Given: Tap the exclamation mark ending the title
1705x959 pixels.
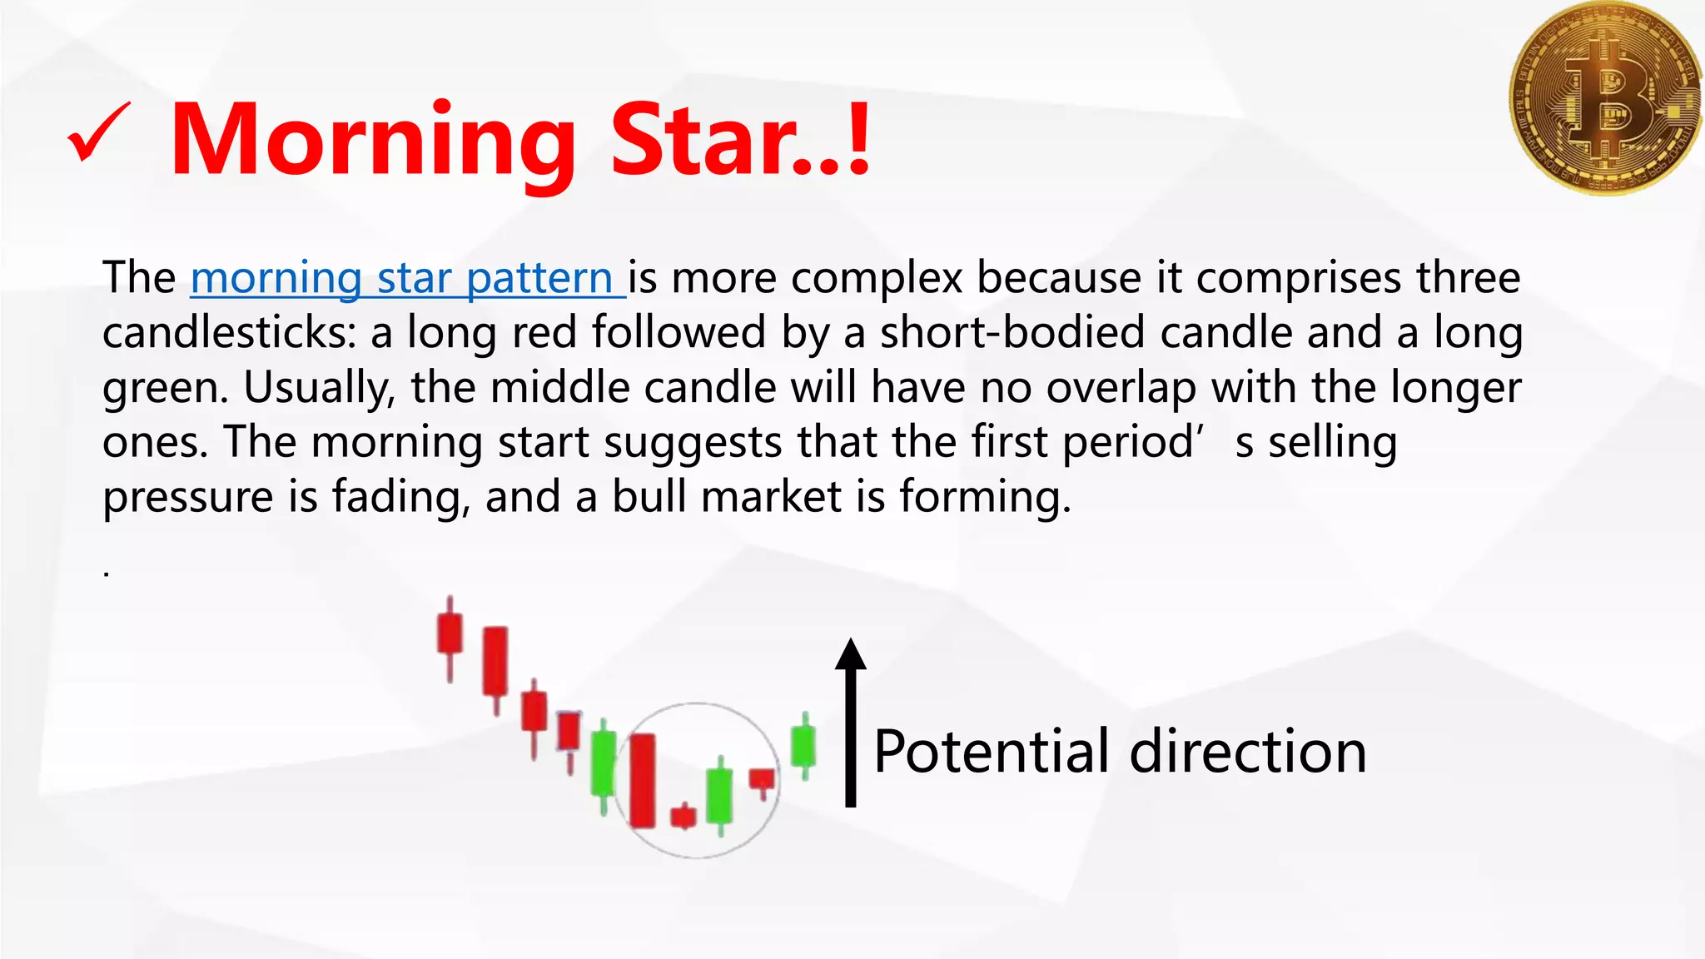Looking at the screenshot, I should [x=858, y=138].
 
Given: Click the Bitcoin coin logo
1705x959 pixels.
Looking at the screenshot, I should [x=1604, y=97].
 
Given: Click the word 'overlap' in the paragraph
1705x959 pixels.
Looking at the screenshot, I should [x=1121, y=387].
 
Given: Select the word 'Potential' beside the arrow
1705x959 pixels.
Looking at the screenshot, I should [x=992, y=751].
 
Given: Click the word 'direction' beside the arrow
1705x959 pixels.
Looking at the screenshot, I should [x=1248, y=751].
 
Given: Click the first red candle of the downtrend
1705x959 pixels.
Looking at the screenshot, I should [x=450, y=634].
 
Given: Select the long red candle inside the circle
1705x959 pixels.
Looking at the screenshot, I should [x=642, y=780].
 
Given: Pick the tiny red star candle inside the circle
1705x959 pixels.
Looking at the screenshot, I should [x=683, y=816].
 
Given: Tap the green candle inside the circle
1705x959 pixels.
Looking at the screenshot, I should [x=719, y=795].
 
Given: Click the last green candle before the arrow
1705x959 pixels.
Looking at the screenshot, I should [x=803, y=745].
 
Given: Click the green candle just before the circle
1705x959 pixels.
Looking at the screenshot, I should [x=604, y=763].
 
